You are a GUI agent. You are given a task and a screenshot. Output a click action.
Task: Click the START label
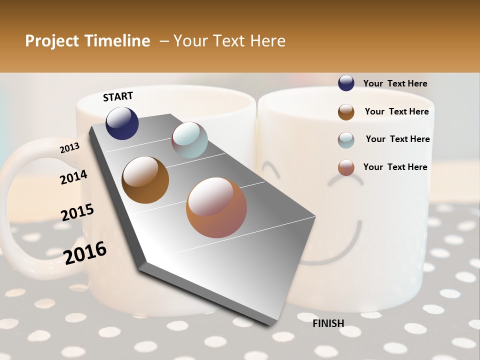(x=118, y=96)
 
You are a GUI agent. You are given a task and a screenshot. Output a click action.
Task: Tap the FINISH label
(x=328, y=323)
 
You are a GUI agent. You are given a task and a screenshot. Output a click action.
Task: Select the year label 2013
(x=69, y=148)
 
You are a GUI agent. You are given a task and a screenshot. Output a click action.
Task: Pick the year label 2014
(x=73, y=177)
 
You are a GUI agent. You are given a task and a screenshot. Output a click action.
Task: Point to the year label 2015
(x=77, y=212)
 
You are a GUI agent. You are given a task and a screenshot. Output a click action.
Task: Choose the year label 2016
(x=85, y=252)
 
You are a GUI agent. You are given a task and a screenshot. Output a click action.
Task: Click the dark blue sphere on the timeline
(x=122, y=123)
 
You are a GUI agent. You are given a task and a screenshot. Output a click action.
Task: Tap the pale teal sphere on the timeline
(x=189, y=140)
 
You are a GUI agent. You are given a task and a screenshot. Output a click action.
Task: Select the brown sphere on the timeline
(x=145, y=180)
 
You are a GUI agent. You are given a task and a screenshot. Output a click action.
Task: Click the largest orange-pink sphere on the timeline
(x=216, y=207)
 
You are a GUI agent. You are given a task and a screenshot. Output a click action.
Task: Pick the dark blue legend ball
(x=346, y=83)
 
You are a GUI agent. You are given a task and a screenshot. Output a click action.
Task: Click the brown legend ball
(x=346, y=112)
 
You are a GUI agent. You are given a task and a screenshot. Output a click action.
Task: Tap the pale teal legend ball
(x=346, y=140)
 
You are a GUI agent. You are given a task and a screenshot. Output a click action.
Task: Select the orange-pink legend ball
(x=346, y=167)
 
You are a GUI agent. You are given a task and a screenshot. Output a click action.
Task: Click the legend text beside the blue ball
(x=395, y=83)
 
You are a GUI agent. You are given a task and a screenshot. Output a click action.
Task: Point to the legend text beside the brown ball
(x=396, y=111)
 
